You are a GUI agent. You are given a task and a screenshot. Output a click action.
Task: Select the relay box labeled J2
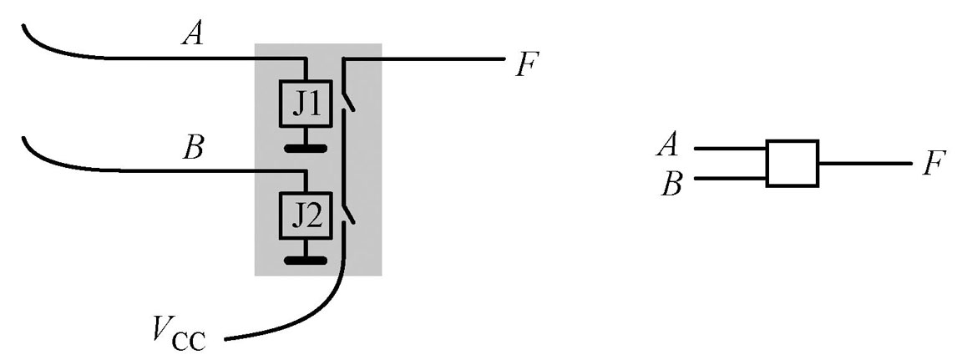[x=306, y=216]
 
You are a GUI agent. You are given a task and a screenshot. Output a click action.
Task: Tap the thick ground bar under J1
[x=306, y=150]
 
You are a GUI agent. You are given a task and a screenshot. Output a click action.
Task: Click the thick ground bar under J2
[x=306, y=261]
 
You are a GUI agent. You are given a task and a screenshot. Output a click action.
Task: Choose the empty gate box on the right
[x=792, y=164]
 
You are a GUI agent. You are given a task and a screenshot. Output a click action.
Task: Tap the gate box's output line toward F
[x=864, y=164]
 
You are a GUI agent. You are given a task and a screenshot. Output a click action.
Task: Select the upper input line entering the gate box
[x=730, y=149]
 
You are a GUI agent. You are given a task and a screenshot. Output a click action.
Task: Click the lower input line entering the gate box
[x=730, y=178]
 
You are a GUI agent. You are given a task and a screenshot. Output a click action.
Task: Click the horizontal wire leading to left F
[x=426, y=59]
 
